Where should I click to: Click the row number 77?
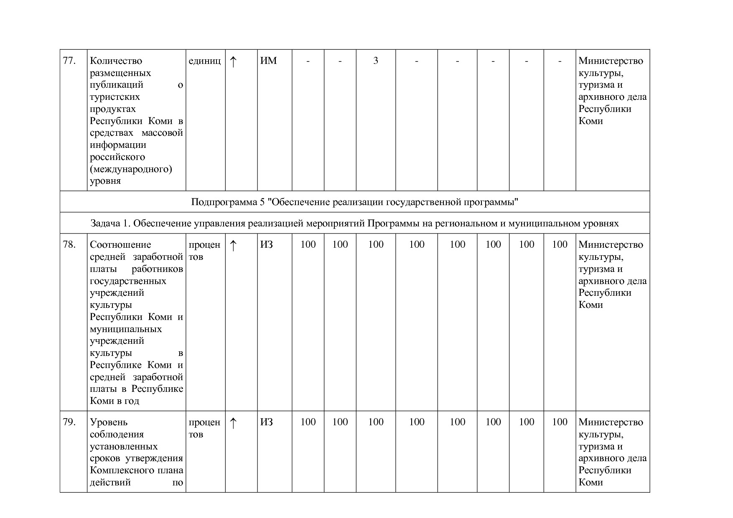pos(69,61)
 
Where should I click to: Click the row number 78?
pos(69,245)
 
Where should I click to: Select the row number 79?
pos(69,422)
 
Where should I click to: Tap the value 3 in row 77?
pos(376,61)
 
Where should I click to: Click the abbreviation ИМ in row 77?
pos(268,61)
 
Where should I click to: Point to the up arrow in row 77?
pos(233,62)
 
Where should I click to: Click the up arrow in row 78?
pos(233,246)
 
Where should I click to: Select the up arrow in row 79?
pos(233,423)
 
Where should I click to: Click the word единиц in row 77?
pos(205,61)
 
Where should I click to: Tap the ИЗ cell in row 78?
pos(267,245)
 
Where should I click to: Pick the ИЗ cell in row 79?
pos(267,422)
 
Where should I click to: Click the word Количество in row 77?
pos(116,61)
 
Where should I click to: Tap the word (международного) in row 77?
pos(131,169)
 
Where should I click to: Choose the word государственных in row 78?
pos(128,281)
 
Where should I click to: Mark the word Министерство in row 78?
pos(611,245)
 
